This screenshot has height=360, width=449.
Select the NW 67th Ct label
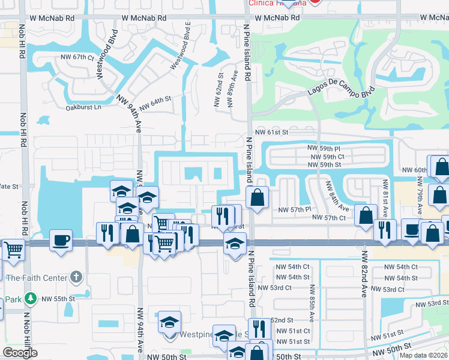tap(78, 58)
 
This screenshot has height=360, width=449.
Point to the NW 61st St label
tap(272, 132)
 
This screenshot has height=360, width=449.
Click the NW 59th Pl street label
tap(324, 148)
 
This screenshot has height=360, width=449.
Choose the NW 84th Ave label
tap(337, 196)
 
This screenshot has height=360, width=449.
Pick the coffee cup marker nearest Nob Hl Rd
tap(61, 239)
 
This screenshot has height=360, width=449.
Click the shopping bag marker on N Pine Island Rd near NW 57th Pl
tap(258, 197)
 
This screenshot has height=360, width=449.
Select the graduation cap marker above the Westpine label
tap(169, 322)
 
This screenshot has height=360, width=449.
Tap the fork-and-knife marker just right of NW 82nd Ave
tap(384, 229)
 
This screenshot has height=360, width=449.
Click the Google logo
tap(20, 353)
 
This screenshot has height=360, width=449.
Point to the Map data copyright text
tap(424, 355)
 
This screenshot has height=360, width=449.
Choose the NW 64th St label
tap(155, 103)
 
